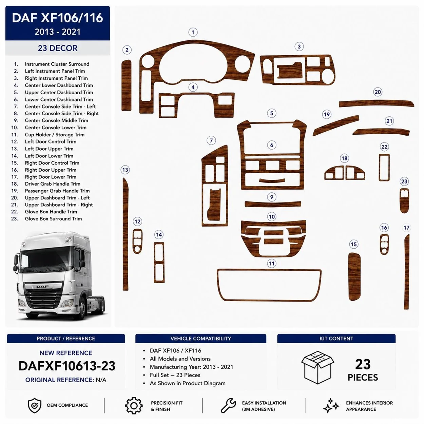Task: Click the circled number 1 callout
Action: coord(193,32)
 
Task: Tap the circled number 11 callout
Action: coord(272,263)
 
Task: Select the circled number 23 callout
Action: coord(404,181)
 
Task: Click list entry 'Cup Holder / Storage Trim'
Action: coord(55,135)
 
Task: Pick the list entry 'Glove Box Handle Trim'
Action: coord(51,212)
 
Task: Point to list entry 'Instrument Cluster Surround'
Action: coord(57,64)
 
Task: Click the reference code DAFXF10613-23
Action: coord(67,366)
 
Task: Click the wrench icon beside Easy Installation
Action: coord(228,406)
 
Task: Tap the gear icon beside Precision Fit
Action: coord(134,406)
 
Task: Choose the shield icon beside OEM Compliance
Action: coord(35,406)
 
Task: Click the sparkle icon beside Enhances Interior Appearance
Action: coord(331,406)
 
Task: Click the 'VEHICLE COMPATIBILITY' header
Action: coord(201,339)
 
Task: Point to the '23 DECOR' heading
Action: coord(58,48)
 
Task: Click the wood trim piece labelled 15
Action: coord(354,276)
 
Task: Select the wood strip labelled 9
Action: coord(273,204)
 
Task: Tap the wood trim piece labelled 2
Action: coord(127,85)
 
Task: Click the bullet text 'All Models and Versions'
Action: coord(180,359)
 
